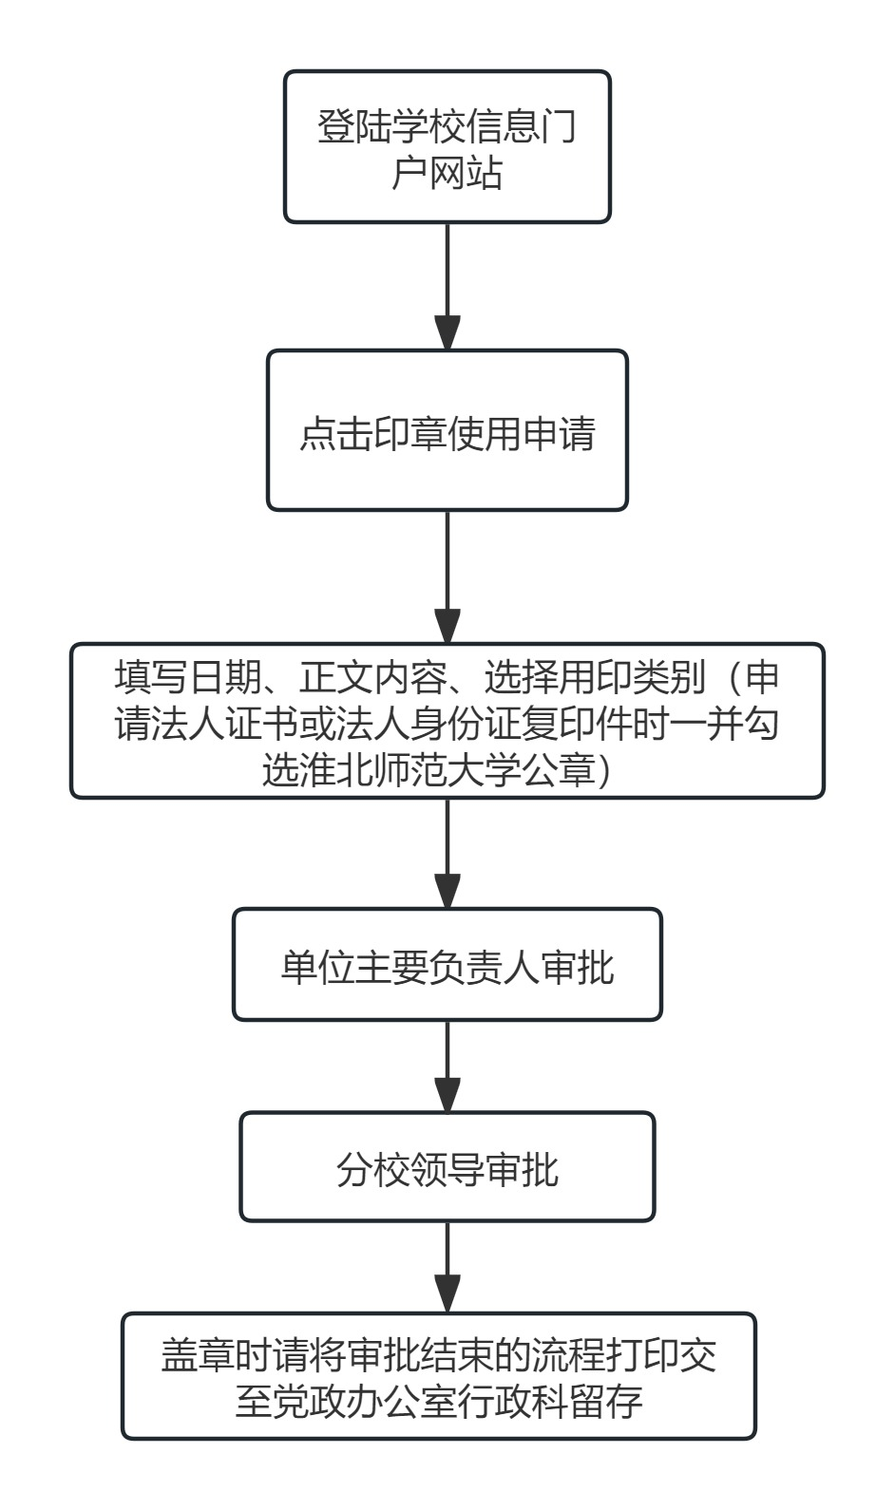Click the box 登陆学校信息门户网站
(447, 147)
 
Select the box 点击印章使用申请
(447, 430)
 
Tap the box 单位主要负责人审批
(447, 964)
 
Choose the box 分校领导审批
(447, 1166)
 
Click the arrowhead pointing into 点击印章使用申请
(447, 332)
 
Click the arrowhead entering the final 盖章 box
(447, 1294)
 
